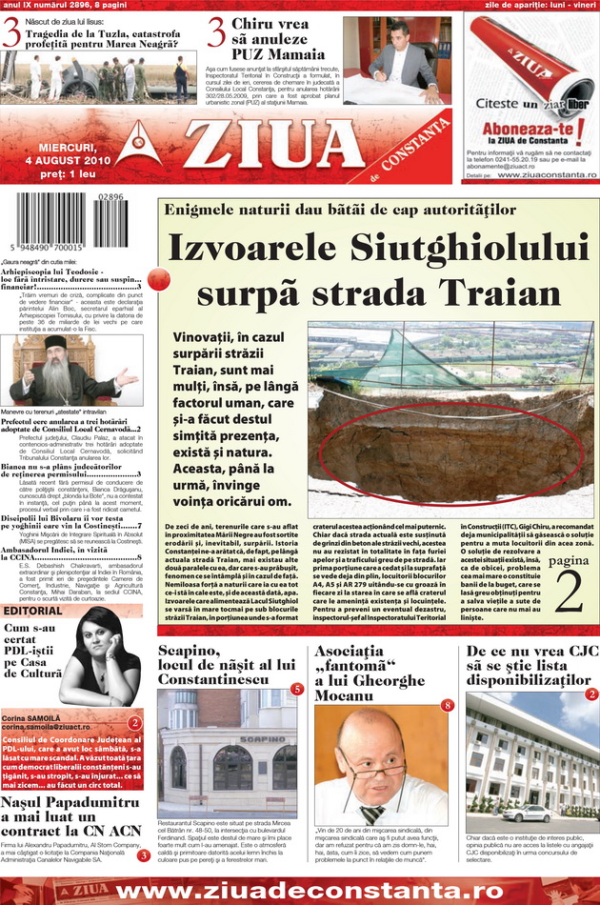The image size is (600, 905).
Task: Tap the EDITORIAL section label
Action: (x=40, y=610)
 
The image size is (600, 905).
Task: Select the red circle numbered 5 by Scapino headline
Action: (x=297, y=688)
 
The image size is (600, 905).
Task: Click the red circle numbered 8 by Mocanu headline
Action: (x=447, y=705)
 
